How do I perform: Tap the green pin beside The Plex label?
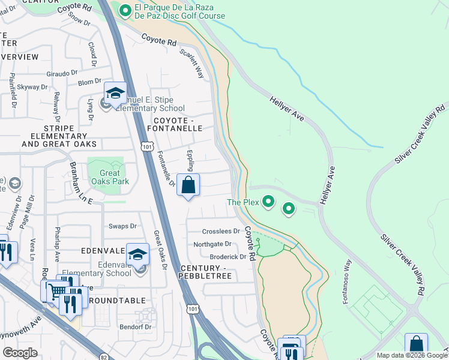(268, 203)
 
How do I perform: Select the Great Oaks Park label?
(106, 177)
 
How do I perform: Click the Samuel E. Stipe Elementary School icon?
(115, 94)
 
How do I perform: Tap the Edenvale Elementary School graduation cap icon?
(137, 255)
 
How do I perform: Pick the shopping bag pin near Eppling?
(188, 186)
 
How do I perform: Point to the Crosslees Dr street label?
(221, 231)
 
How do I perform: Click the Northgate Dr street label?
(212, 244)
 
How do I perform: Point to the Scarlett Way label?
(193, 64)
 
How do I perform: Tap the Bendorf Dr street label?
(135, 327)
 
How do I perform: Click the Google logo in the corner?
(20, 353)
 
